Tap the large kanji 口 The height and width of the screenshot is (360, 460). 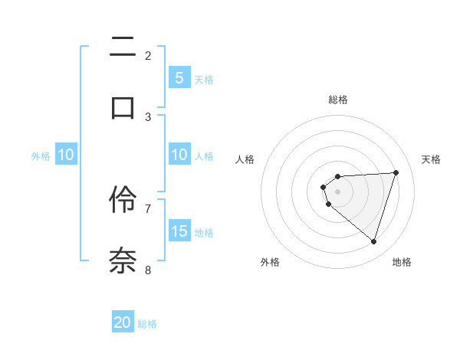[123, 106]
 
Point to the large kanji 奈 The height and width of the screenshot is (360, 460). [123, 258]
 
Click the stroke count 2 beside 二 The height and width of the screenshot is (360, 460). [148, 55]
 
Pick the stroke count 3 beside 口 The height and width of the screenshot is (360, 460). [148, 116]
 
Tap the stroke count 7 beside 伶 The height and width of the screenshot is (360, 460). [148, 208]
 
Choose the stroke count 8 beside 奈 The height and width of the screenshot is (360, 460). [148, 270]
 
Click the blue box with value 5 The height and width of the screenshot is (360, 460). [179, 77]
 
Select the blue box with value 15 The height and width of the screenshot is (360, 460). [179, 231]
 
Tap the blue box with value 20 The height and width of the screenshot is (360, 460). [123, 322]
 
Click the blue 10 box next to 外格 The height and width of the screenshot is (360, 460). [66, 155]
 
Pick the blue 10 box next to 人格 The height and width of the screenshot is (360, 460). [179, 155]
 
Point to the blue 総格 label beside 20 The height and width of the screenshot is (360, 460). [147, 324]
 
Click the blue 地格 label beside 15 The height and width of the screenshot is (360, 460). [204, 232]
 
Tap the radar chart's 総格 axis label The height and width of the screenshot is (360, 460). [337, 100]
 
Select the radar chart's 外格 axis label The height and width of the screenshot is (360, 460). [270, 262]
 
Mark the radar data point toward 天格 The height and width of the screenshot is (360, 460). [396, 172]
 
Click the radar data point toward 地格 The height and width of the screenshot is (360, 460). [373, 241]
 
